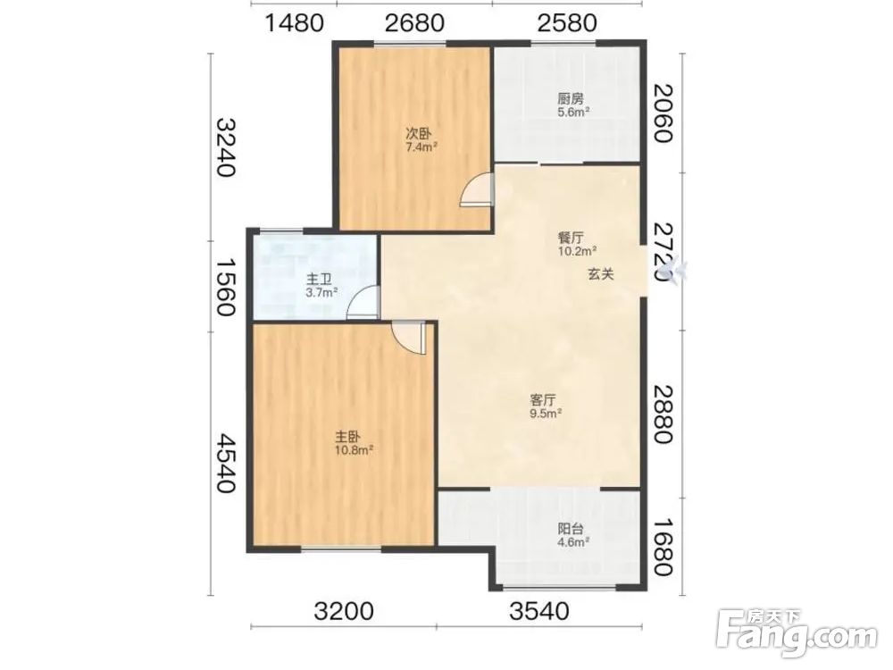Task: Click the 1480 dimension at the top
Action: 295,23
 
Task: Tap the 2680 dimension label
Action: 414,23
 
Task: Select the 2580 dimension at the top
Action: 567,23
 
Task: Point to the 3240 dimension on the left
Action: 224,147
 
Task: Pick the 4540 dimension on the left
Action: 224,463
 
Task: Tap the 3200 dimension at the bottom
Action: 344,611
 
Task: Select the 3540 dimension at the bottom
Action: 538,611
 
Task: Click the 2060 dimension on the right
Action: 663,113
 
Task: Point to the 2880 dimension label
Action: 663,414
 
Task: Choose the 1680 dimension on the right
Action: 663,547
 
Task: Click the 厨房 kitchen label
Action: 570,98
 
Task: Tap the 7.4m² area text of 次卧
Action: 421,147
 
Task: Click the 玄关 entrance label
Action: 601,274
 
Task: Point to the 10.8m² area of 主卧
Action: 355,450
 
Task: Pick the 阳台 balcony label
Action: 570,529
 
